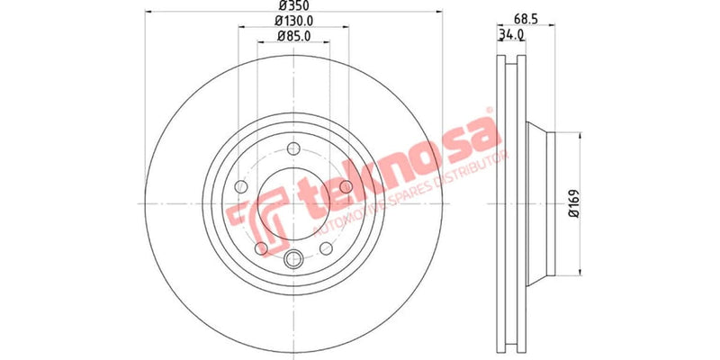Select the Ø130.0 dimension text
pyautogui.click(x=293, y=22)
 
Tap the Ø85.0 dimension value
pyautogui.click(x=293, y=38)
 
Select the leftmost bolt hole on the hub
pyautogui.click(x=240, y=187)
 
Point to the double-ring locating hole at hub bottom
pyautogui.click(x=293, y=261)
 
